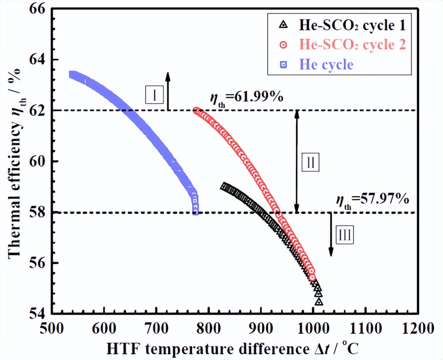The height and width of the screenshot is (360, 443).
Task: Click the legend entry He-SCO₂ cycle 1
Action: pyautogui.click(x=352, y=26)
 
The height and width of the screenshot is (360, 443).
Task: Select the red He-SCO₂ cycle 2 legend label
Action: pyautogui.click(x=352, y=45)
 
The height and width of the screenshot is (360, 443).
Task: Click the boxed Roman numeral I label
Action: pyautogui.click(x=155, y=95)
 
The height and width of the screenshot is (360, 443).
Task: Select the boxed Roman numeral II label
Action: pyautogui.click(x=311, y=162)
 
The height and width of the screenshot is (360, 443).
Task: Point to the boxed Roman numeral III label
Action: pyautogui.click(x=344, y=235)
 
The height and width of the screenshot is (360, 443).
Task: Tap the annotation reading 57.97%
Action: pyautogui.click(x=372, y=201)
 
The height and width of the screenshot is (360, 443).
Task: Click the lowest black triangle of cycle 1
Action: pyautogui.click(x=319, y=302)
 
